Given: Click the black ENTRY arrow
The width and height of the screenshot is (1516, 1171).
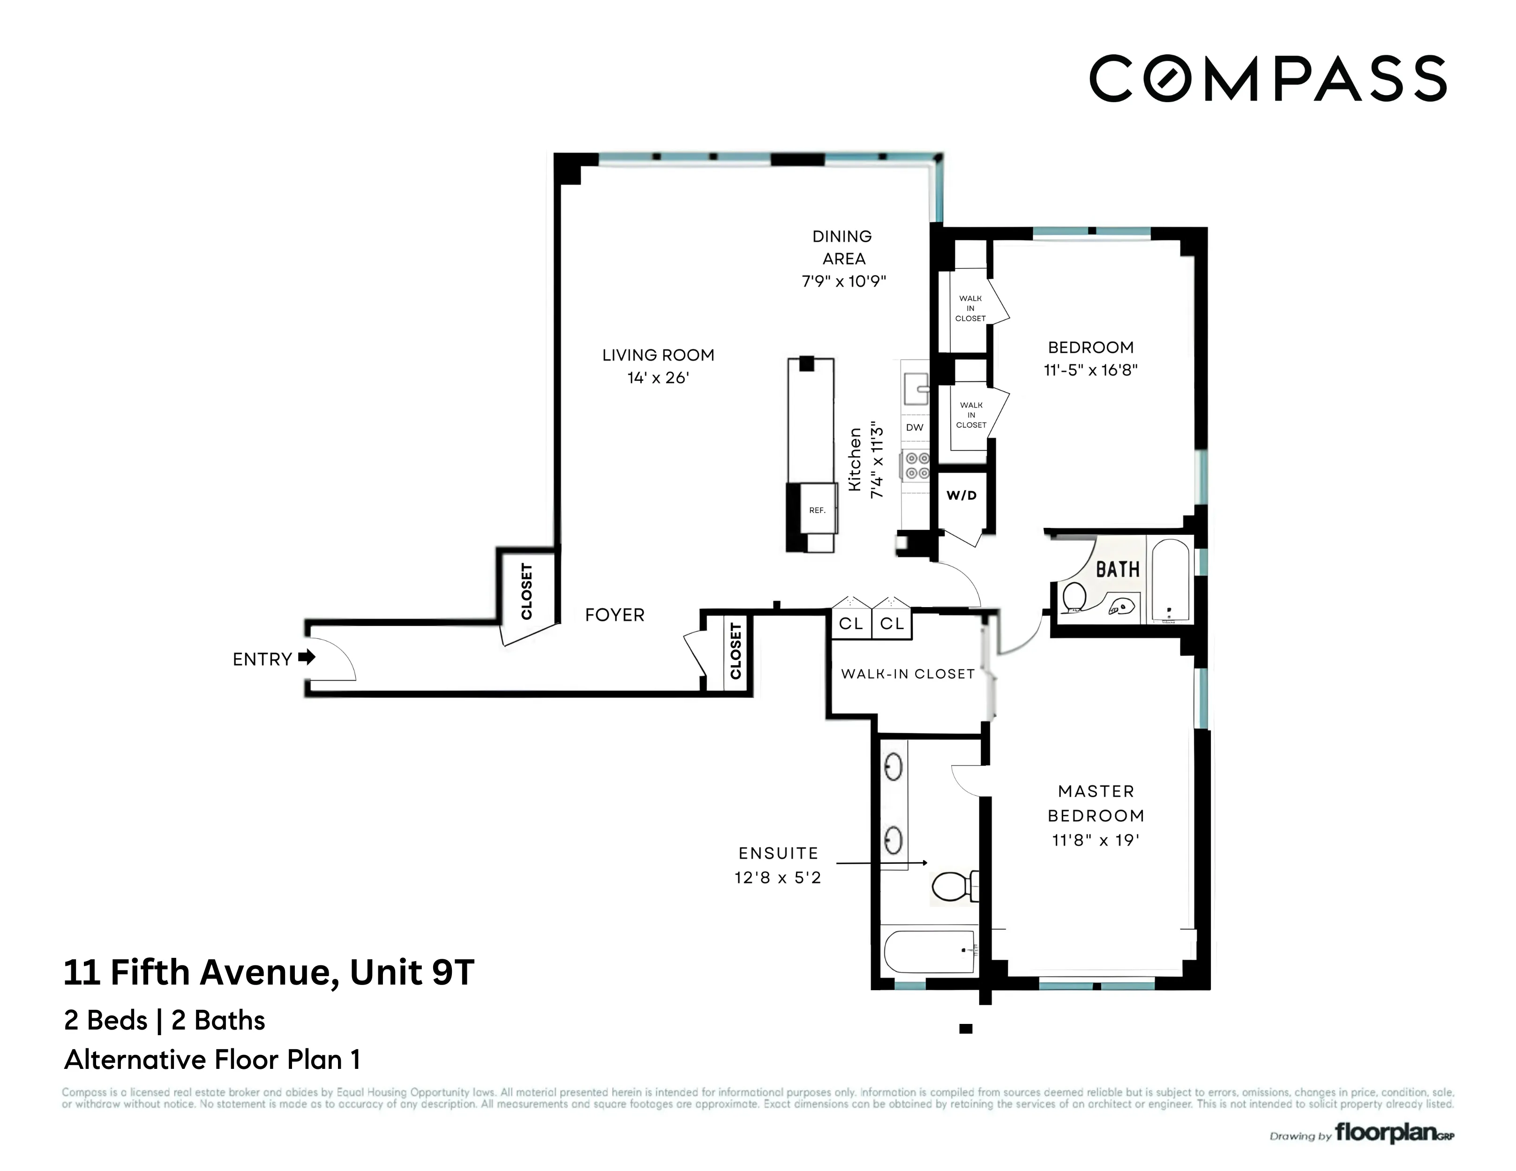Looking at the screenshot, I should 307,657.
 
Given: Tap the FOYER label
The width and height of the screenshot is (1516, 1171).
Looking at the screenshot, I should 614,615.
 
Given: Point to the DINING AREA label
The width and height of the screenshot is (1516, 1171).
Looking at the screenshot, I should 843,248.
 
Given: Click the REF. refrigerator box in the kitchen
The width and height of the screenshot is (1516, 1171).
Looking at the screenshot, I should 817,510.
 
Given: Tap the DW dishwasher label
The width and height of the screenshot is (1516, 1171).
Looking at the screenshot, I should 915,427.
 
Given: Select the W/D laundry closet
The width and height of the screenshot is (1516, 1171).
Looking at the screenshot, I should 961,495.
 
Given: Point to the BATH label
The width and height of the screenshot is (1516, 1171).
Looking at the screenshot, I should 1118,570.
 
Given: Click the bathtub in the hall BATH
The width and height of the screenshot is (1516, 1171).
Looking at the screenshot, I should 1171,580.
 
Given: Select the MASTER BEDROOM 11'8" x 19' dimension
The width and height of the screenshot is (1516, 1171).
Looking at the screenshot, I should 1096,841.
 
